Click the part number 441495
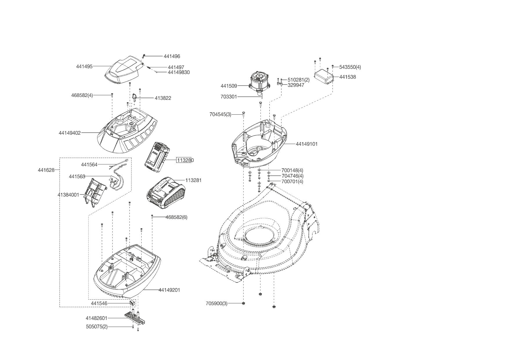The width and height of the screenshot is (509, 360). coord(84,66)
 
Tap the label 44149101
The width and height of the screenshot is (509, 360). coord(306,144)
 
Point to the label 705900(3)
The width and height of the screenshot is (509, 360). coord(216,303)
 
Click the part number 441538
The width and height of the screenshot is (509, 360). coord(347,77)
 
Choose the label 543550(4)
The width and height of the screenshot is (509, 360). coord(350,67)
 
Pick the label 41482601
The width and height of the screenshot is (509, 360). coord(96,318)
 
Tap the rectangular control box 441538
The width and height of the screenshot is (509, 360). coord(324,76)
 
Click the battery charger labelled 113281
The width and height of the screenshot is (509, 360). coord(165,192)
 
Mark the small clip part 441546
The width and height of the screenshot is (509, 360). coord(132,303)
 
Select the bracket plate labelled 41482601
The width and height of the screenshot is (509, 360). coord(135,318)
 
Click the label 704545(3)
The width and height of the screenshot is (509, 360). coord(220,114)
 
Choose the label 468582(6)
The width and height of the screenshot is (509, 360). coord(176,217)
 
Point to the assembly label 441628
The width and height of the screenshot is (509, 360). coord(46,170)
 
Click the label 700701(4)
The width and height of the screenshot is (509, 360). coord(292,182)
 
